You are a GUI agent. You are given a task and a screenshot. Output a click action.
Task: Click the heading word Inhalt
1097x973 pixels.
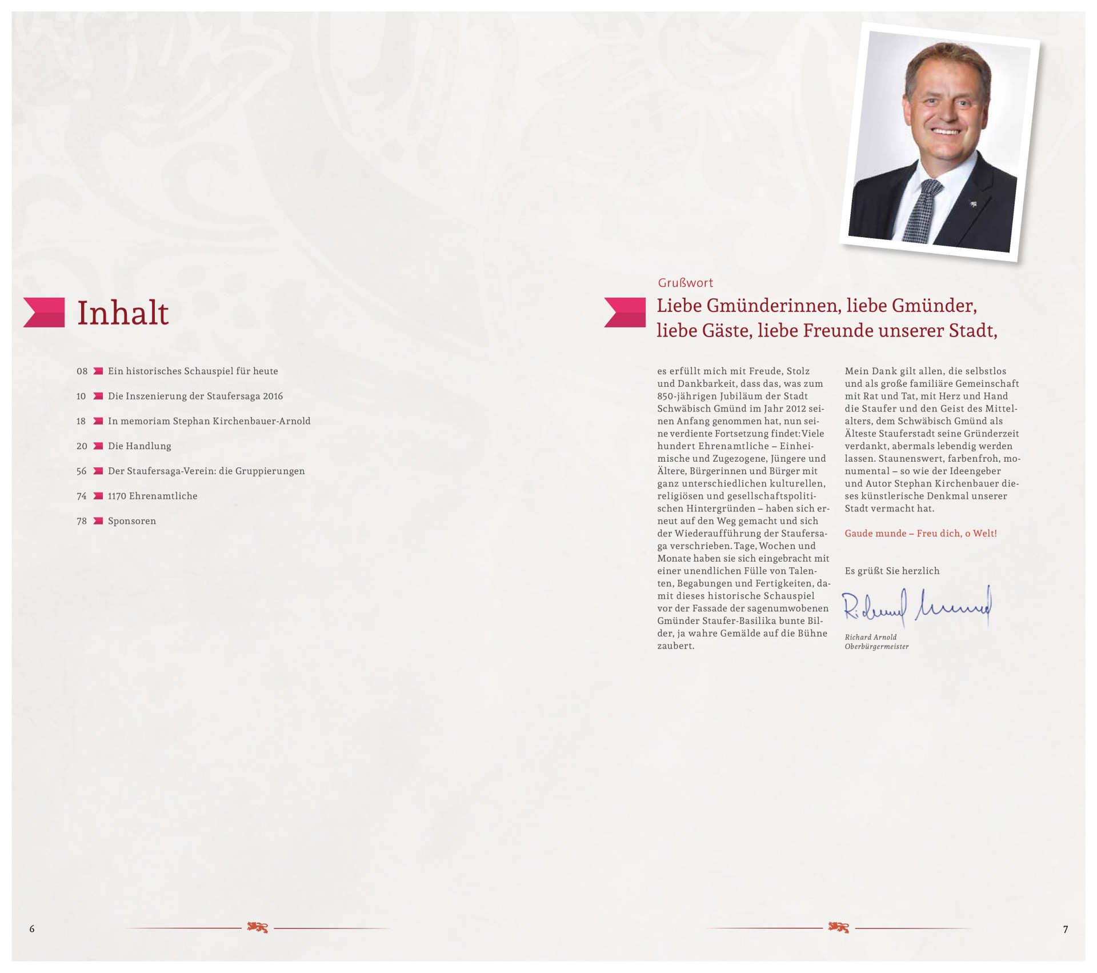(123, 313)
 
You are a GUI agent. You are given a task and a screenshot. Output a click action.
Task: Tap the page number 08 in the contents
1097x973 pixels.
(82, 371)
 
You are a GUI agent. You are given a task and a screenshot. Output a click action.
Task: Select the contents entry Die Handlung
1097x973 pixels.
(139, 446)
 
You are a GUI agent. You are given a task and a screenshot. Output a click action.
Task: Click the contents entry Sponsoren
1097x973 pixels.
(132, 521)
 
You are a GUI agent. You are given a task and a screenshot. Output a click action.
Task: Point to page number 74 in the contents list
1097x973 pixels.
(82, 496)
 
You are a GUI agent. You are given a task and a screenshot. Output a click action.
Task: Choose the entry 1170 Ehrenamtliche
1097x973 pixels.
(153, 496)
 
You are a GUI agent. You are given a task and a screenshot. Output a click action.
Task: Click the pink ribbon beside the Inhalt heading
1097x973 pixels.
(45, 313)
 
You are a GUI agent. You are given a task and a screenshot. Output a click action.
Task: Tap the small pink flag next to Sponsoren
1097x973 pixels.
(98, 521)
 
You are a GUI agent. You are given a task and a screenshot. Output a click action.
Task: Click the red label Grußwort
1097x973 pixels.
(686, 283)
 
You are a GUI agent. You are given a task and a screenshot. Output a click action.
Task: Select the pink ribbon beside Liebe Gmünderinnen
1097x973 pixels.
(625, 313)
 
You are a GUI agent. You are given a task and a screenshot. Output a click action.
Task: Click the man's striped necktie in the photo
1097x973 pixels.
(924, 211)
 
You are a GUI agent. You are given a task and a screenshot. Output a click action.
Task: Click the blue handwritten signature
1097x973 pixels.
(916, 608)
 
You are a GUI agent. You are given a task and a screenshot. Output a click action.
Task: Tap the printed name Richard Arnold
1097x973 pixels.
(871, 637)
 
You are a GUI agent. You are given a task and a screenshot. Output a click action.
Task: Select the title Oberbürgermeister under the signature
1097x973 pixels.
(876, 647)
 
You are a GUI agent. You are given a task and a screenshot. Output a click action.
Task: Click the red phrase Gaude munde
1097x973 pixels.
(875, 534)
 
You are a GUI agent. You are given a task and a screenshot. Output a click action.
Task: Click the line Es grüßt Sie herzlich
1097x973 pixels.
(892, 571)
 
